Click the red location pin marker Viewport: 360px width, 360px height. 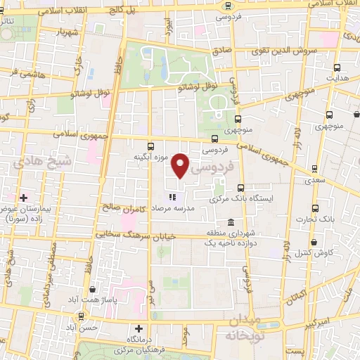pyautogui.click(x=181, y=165)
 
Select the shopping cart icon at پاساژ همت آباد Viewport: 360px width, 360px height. pyautogui.click(x=93, y=288)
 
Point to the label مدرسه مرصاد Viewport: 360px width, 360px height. pyautogui.click(x=188, y=208)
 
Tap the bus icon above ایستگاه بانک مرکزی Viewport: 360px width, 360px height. pyautogui.click(x=241, y=188)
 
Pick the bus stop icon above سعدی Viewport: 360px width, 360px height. pyautogui.click(x=314, y=170)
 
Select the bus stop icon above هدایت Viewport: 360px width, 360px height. pyautogui.click(x=337, y=68)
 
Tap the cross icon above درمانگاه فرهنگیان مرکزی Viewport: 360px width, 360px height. pyautogui.click(x=139, y=328)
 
